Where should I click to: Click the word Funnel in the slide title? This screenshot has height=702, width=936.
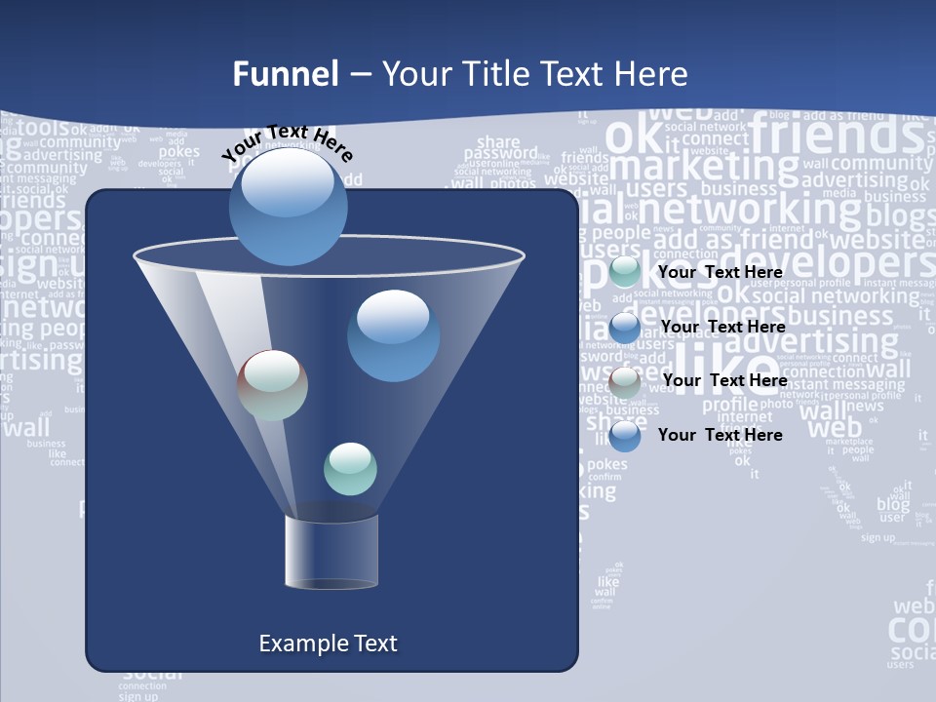tap(286, 74)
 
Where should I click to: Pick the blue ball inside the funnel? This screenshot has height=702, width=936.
tap(393, 334)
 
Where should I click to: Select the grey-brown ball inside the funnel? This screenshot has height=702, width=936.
tap(272, 385)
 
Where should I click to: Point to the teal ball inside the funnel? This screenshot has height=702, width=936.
tap(350, 468)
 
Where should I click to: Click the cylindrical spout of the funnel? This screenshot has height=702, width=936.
tap(331, 552)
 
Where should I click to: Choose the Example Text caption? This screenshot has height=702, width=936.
tap(328, 643)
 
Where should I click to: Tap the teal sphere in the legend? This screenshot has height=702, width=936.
tap(625, 272)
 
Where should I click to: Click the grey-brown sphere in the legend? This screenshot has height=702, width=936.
tap(625, 381)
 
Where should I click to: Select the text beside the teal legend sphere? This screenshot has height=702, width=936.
tap(721, 272)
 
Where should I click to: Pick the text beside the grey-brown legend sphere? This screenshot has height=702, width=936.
tap(724, 380)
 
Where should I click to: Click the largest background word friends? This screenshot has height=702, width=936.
tap(837, 134)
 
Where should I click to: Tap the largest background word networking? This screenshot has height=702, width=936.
tap(750, 209)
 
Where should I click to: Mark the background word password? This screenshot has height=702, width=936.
tap(500, 153)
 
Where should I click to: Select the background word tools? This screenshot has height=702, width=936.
tap(44, 127)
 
